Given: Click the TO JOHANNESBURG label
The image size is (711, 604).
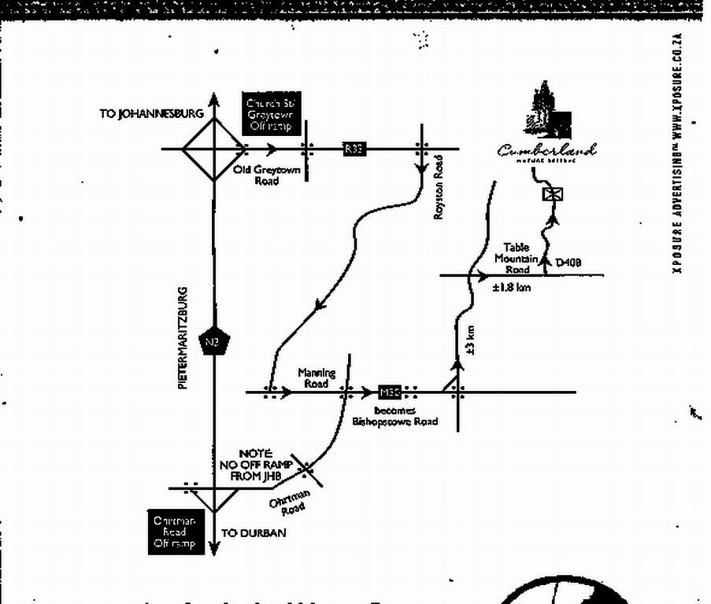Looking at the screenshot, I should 151,114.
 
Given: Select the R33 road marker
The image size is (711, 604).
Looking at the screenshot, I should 354,148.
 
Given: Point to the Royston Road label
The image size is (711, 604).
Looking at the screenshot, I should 439,186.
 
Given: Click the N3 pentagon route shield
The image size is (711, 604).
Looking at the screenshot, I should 213,341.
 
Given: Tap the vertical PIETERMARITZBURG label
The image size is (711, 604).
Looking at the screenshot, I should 183,338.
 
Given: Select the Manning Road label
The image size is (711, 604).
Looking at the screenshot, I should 316,377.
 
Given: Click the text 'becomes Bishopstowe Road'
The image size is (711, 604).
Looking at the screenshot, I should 394,416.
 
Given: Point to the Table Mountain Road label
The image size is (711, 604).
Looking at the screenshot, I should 517,258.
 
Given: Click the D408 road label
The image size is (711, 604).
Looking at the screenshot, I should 568,263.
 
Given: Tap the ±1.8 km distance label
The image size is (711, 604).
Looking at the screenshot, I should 512,287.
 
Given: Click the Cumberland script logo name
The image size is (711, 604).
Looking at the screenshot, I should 546,149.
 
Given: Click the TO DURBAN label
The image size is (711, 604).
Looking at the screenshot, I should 254,532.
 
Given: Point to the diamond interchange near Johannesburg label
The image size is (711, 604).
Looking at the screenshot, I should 213,148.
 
